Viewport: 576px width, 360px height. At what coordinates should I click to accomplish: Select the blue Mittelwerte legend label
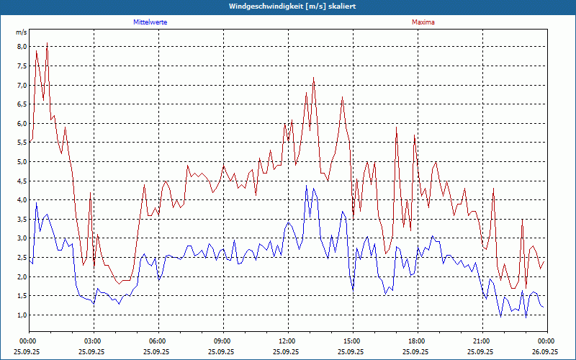[150, 22]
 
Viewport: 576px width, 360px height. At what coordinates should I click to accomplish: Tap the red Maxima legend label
[423, 22]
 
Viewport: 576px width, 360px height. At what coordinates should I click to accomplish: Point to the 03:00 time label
[93, 341]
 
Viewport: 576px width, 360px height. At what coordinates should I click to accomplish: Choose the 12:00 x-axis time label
[287, 341]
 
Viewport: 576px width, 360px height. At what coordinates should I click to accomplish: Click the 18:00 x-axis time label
[417, 341]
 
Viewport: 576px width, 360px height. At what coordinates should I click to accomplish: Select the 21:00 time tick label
[482, 341]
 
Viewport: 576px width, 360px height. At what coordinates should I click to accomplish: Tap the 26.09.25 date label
[546, 352]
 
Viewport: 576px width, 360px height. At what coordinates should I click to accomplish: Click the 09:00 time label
[222, 341]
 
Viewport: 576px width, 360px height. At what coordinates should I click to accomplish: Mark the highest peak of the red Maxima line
[48, 42]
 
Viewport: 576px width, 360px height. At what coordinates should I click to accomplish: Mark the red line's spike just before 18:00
[396, 127]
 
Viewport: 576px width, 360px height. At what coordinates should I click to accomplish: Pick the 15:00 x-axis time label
[352, 341]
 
